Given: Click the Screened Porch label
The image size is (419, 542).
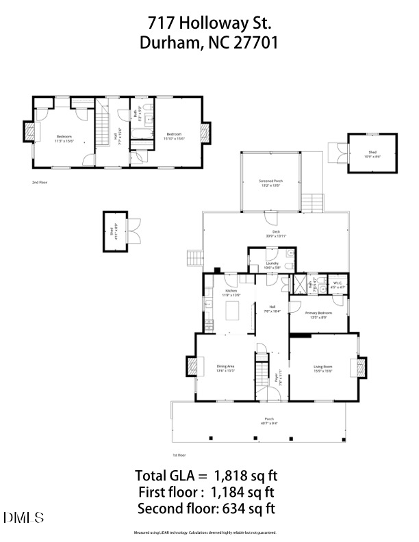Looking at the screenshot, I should pyautogui.click(x=270, y=183).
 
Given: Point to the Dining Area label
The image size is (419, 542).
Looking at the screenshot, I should pyautogui.click(x=226, y=368).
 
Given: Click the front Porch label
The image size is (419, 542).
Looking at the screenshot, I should pyautogui.click(x=270, y=420).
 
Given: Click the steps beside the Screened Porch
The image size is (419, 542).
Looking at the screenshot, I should pyautogui.click(x=312, y=203).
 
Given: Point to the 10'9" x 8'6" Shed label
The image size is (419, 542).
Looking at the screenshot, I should pyautogui.click(x=372, y=155).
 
